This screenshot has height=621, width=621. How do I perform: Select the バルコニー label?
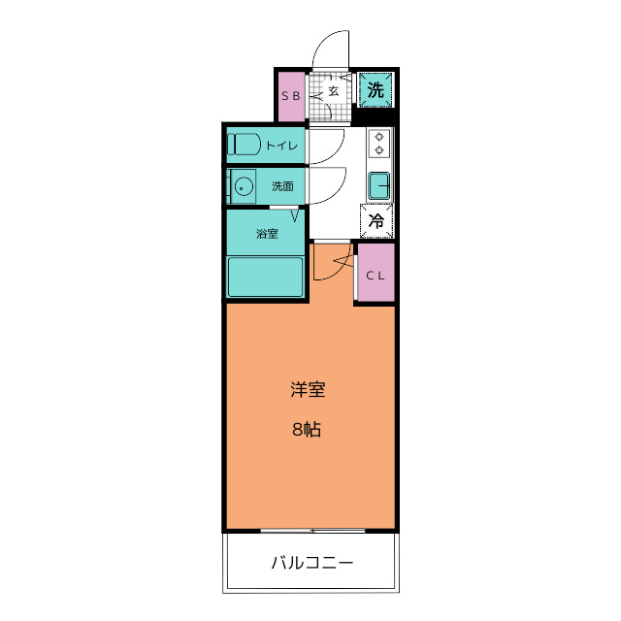point(310,563)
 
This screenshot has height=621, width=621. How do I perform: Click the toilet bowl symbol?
point(244,145)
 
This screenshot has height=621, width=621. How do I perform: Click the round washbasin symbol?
point(243,185)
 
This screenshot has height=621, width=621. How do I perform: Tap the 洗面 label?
point(282,185)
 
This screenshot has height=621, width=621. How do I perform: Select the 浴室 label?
point(267,233)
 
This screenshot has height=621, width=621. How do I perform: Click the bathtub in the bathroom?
point(266,278)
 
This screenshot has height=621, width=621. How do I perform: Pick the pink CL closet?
point(376,273)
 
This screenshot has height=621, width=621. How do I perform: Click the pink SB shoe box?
point(291,96)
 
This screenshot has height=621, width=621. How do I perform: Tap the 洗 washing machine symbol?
point(376,91)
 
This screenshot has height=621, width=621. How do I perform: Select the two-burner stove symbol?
point(378,144)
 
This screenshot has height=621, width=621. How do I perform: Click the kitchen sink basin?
point(378,182)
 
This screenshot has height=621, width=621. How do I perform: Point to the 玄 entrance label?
point(333,91)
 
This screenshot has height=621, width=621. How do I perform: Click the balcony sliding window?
point(312,530)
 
